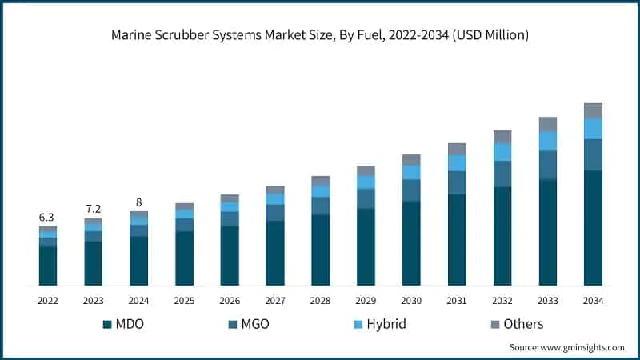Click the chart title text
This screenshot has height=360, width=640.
pos(320,36)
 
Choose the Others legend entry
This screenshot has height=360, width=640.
pos(516,324)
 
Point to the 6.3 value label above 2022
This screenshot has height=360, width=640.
pos(47,217)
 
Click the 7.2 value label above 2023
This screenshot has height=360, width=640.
pos(93,209)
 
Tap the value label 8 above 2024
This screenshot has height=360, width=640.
pos(138,202)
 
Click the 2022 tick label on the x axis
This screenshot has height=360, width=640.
pos(47,300)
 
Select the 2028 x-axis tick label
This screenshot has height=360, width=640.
pos(320,300)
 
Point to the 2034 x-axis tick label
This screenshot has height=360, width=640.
pos(593,300)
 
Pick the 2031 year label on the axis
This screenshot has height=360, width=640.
pos(457,300)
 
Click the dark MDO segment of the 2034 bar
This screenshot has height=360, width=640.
pos(593,228)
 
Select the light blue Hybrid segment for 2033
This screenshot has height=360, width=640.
pos(547,141)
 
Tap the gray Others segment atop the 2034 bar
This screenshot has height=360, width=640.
pos(593,110)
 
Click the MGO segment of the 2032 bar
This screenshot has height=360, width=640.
pos(502,174)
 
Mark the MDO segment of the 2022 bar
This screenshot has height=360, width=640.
pos(47,266)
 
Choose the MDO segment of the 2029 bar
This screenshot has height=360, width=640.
pos(366,246)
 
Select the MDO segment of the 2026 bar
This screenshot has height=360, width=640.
pos(230,256)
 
